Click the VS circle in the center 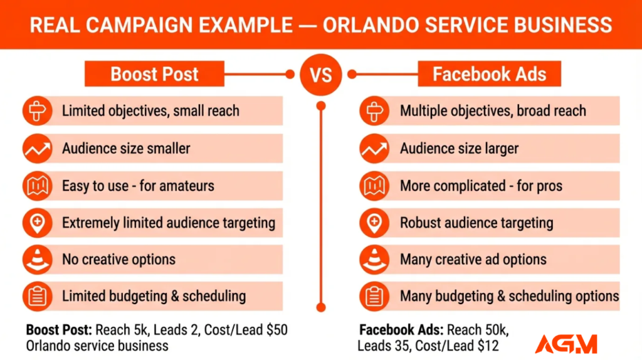320,74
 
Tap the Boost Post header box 154,74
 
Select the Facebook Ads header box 489,74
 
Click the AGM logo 566,343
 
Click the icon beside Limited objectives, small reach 36,111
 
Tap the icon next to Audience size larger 374,149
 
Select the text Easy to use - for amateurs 138,186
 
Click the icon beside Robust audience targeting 374,223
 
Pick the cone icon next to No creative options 36,259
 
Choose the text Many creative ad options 473,259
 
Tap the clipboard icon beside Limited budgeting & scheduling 36,296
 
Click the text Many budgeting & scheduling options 509,296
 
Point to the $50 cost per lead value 276,329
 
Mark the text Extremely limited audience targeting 169,223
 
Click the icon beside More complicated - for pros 374,186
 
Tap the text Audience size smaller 126,149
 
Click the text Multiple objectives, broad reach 493,111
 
